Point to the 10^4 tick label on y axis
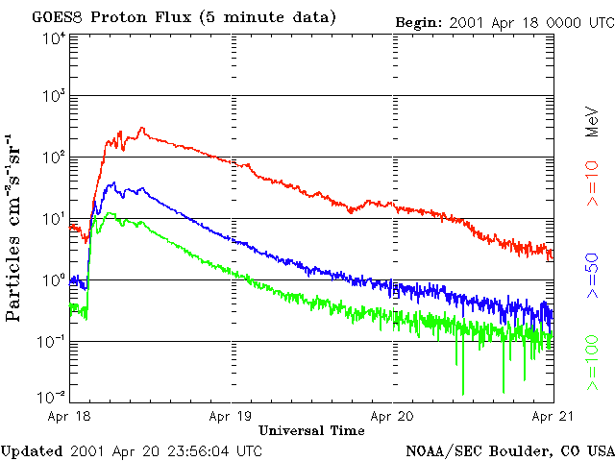pos(54,38)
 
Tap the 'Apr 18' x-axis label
pos(70,417)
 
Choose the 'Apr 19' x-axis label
pos(232,417)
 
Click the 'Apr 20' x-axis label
pos(393,417)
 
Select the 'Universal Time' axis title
pos(311,430)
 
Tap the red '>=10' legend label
pos(593,191)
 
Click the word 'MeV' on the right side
pos(593,123)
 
